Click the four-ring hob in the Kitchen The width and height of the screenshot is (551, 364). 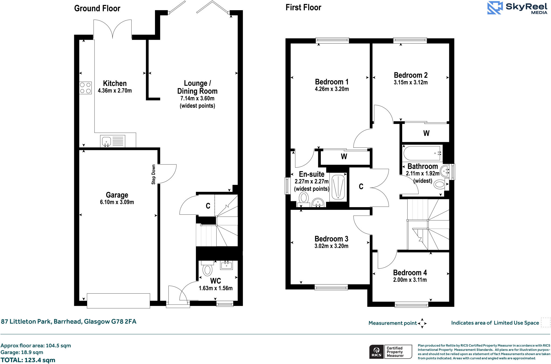(x=85, y=88)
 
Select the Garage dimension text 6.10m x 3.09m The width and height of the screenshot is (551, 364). (x=117, y=202)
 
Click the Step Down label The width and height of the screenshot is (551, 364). (x=153, y=174)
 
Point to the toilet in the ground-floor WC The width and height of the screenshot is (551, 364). (x=207, y=269)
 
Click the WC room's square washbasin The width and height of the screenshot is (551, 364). (x=226, y=265)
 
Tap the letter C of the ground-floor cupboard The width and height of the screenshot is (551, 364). (x=208, y=206)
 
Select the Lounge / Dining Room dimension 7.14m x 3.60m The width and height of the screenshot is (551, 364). (x=197, y=98)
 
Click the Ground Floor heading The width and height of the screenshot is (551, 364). (x=97, y=8)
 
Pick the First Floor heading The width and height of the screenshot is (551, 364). (x=303, y=8)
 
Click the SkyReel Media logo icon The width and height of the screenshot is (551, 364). (x=495, y=8)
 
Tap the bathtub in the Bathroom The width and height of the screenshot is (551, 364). (x=422, y=153)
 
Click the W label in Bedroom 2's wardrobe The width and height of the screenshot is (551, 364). (x=426, y=133)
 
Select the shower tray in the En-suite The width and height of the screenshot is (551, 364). (x=338, y=187)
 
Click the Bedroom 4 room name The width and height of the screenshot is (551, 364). (x=410, y=273)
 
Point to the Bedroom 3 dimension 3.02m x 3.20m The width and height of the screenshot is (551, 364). (x=331, y=246)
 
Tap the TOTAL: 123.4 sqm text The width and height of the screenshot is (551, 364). (x=28, y=360)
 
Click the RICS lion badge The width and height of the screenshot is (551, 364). (x=377, y=352)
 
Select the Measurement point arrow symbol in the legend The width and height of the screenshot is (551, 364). (x=422, y=323)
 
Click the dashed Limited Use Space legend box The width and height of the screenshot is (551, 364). (x=545, y=322)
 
